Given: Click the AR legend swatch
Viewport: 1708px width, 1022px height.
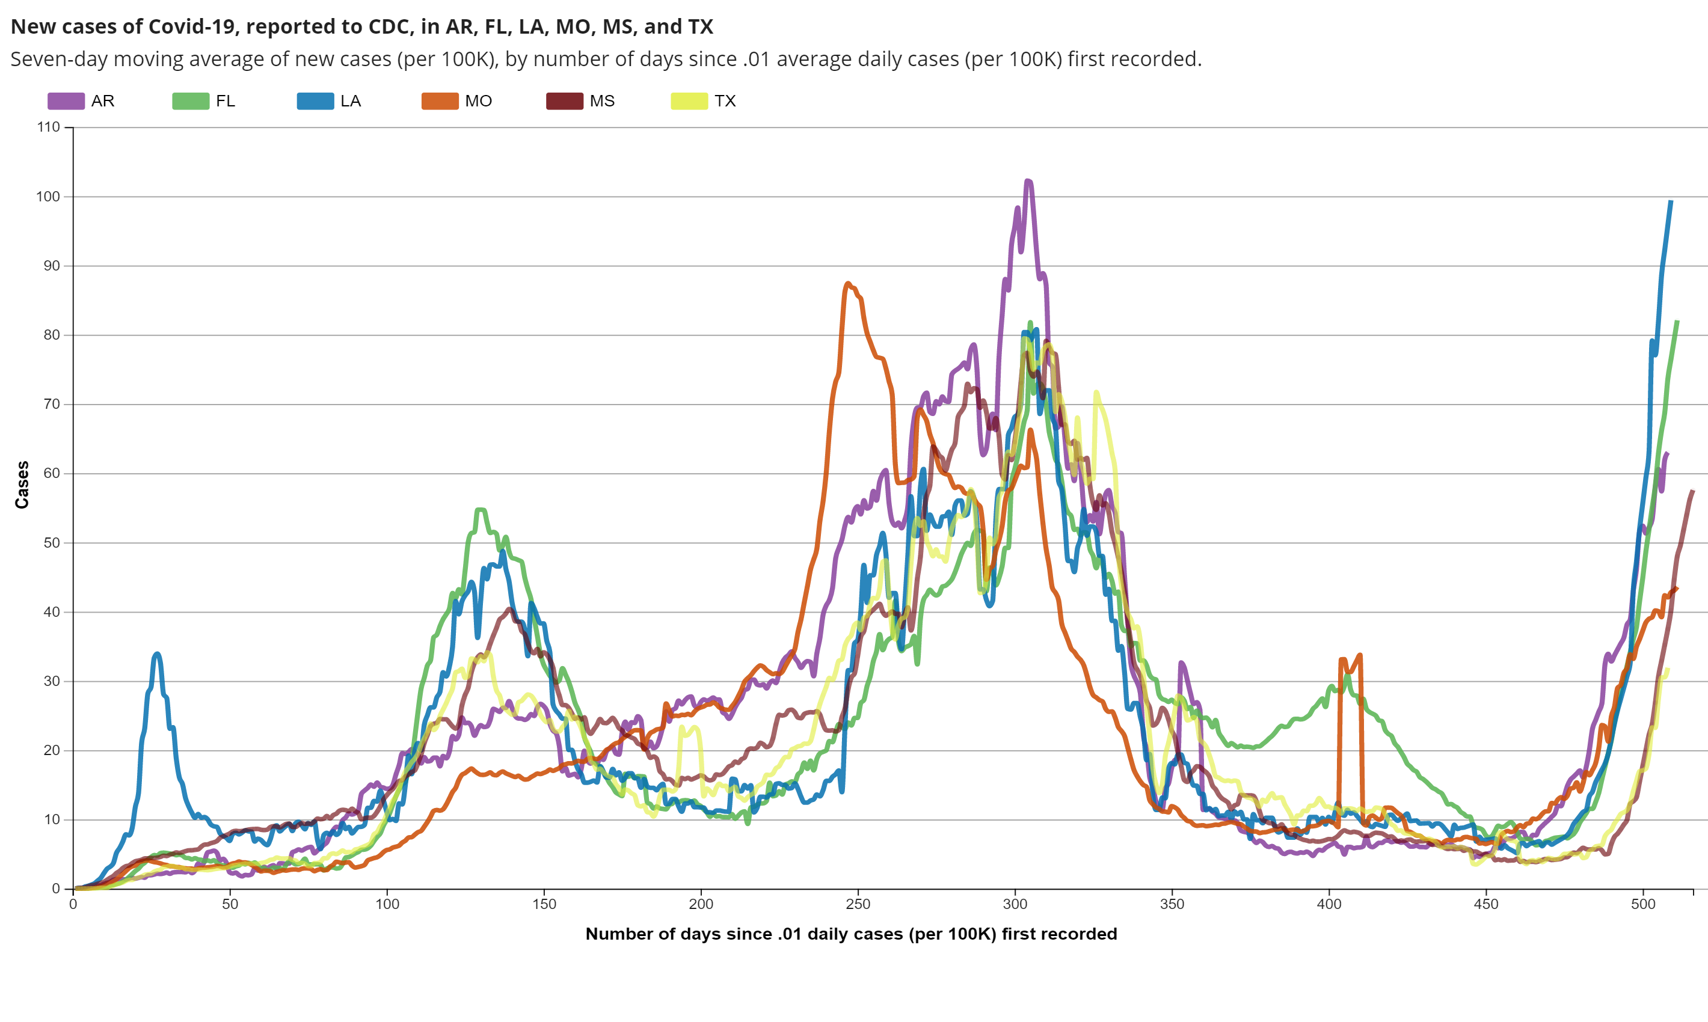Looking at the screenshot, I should point(66,101).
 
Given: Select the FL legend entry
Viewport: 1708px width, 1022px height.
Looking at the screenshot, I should point(190,101).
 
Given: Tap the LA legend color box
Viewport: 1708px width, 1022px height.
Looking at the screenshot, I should point(315,101).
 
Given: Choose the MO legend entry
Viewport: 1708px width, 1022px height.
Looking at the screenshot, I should point(440,101).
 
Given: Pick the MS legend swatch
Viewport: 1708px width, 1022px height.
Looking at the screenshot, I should point(564,101).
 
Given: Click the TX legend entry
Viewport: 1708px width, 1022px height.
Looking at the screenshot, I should point(689,101).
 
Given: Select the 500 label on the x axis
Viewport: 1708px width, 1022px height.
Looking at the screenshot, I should point(1642,904).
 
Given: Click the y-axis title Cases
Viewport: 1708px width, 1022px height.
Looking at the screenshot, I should point(22,485).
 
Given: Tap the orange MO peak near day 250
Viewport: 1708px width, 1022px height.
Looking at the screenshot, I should point(847,283).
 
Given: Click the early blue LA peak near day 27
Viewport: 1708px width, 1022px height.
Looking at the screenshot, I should point(158,653).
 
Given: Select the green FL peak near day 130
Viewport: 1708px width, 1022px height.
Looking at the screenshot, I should point(480,510).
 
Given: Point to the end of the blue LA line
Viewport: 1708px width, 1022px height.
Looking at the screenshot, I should point(1671,201).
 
